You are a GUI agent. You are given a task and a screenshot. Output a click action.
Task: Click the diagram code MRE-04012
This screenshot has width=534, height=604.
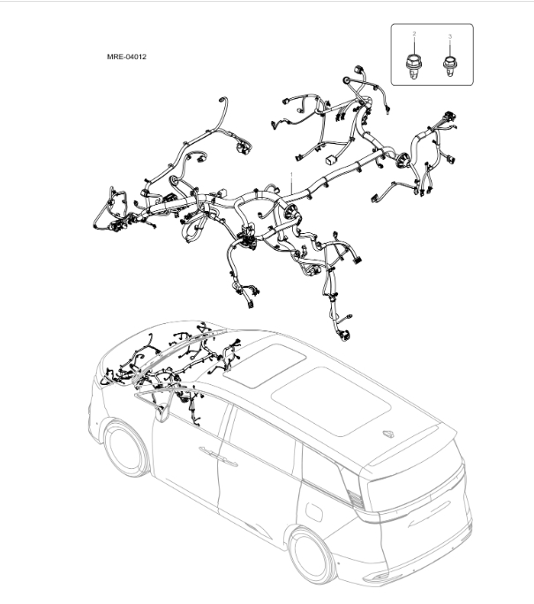[x=126, y=57]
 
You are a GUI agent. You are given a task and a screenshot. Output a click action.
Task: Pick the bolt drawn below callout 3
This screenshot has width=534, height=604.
[x=450, y=64]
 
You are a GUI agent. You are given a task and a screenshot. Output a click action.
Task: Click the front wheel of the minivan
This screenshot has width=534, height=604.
[x=124, y=450]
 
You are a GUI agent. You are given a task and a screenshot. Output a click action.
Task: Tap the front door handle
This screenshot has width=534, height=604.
[x=210, y=452]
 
